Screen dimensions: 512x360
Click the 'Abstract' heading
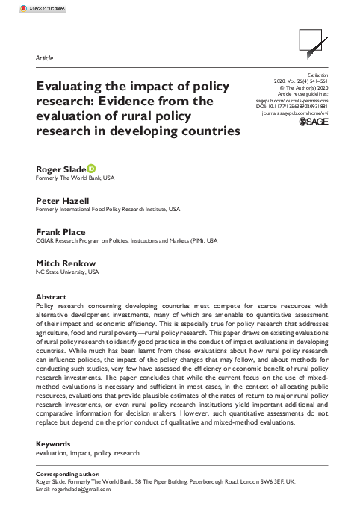click(x=51, y=296)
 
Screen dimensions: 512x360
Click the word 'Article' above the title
click(x=44, y=58)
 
